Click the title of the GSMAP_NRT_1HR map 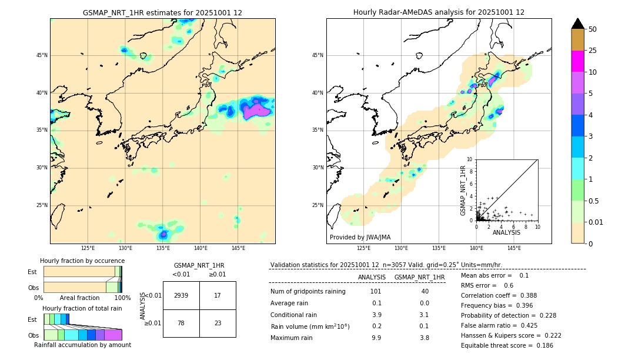(162, 12)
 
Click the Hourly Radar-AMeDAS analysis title (439, 12)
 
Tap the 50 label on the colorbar (593, 29)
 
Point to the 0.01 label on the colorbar (596, 222)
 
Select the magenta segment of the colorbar (577, 61)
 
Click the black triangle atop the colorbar (577, 24)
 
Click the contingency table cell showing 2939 (181, 295)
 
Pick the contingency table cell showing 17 (218, 295)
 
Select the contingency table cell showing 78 (181, 323)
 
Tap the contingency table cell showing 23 (218, 323)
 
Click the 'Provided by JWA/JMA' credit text (360, 238)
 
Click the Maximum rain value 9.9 (376, 338)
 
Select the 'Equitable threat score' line (507, 345)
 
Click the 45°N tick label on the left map (42, 55)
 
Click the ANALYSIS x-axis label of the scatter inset (506, 233)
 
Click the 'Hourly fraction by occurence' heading (82, 261)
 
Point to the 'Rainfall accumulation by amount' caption (83, 345)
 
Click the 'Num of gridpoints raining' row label (308, 292)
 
